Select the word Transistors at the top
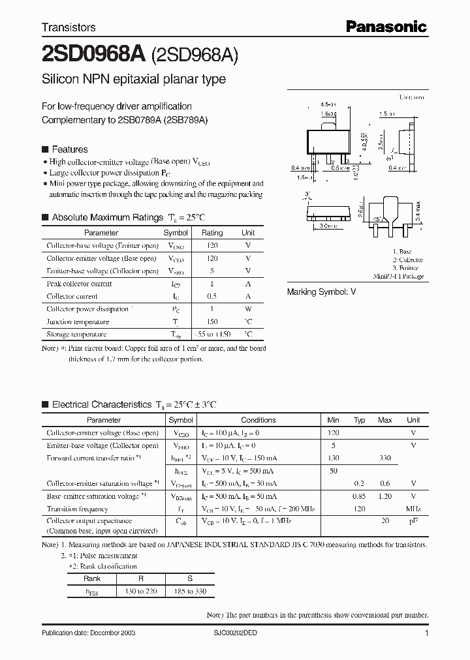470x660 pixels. (x=69, y=27)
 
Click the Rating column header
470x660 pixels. (x=212, y=233)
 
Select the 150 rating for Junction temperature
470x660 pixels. (x=212, y=322)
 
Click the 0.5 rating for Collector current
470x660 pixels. (x=212, y=296)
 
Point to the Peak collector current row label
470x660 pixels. (x=79, y=284)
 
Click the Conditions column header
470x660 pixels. (x=258, y=421)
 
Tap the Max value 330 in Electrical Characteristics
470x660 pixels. (x=384, y=458)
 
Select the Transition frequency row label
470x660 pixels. (x=77, y=509)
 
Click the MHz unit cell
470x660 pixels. (x=413, y=509)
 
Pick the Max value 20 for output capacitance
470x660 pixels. (x=385, y=521)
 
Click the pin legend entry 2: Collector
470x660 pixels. (x=407, y=260)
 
